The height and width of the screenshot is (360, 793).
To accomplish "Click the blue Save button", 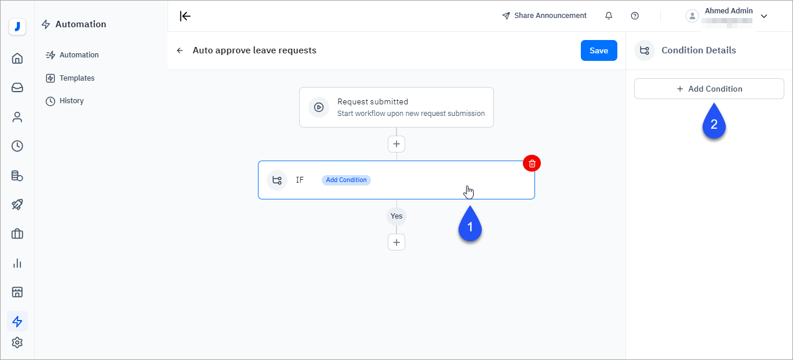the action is (599, 50).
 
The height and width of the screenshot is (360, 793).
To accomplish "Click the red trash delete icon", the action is (532, 163).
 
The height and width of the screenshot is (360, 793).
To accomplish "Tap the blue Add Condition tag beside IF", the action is (346, 180).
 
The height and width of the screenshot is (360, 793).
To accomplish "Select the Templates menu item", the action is (77, 78).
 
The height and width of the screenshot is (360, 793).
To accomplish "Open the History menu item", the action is (71, 101).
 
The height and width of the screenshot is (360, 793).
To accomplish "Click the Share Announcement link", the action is (544, 16).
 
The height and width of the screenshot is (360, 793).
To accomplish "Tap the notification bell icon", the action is (609, 16).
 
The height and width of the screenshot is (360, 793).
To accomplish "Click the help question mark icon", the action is (635, 16).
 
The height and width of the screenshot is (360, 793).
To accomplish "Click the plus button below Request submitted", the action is (397, 144).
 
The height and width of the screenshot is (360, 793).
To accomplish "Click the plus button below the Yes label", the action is (397, 242).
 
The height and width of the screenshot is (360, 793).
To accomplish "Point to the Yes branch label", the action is (397, 216).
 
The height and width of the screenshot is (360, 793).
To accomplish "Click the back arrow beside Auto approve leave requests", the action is (180, 50).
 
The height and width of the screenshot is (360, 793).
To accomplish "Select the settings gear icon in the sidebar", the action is (17, 343).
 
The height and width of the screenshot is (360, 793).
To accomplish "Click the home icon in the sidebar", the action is (17, 58).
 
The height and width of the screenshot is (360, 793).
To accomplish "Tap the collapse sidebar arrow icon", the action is (185, 16).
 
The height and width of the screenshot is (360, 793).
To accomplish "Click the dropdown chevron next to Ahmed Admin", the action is (764, 16).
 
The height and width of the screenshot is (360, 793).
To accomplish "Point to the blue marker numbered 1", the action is (470, 226).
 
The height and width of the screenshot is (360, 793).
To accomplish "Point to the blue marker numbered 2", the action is (714, 123).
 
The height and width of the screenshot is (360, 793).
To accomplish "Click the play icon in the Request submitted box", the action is (319, 107).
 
